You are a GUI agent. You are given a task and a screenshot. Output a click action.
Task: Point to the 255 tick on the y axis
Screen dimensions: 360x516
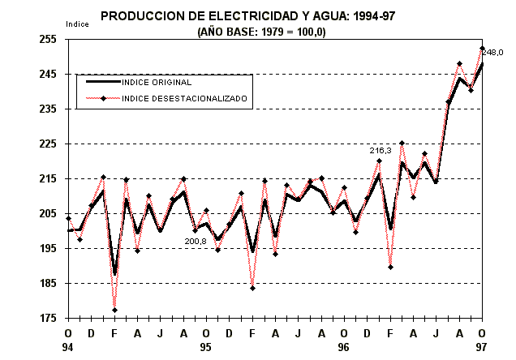47,39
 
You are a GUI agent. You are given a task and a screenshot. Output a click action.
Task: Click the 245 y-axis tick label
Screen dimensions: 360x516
47,74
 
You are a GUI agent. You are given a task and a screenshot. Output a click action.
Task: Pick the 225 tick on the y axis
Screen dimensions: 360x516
47,144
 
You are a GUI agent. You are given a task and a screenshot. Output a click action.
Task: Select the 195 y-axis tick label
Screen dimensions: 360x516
47,248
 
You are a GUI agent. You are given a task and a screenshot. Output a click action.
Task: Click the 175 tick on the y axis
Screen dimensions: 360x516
47,318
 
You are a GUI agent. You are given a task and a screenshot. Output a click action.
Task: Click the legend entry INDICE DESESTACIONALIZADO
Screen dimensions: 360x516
184,98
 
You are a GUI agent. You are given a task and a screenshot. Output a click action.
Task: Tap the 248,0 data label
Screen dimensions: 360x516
492,52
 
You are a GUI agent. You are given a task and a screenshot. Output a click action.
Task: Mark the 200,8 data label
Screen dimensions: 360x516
196,241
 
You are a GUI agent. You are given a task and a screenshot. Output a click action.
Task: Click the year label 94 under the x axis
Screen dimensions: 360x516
68,347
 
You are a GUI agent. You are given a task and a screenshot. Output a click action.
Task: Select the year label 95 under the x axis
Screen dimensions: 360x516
206,347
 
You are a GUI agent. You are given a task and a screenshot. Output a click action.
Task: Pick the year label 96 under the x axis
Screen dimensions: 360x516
344,347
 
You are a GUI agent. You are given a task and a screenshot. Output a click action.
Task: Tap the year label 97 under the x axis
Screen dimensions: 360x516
483,347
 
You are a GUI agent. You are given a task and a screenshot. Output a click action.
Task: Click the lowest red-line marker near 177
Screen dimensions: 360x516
114,310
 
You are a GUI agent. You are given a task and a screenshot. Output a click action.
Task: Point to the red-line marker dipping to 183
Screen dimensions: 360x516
252,288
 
